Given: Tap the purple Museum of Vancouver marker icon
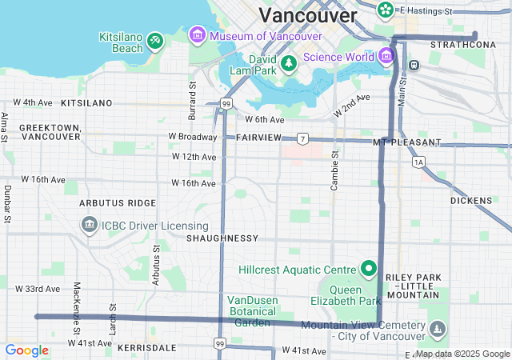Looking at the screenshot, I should pos(197,35).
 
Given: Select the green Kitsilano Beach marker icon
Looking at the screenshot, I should pos(155,38).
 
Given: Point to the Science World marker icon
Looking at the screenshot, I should pos(386,56).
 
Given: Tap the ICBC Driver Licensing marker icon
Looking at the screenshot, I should pos(88,226).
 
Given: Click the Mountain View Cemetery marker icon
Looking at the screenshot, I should pos(437,329).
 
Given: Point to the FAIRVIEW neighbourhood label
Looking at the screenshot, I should pos(258,138).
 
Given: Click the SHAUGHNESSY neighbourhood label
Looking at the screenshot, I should pos(222,238).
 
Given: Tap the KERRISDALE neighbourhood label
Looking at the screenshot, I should pos(146,348).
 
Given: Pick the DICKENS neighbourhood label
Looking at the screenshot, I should pos(471,201).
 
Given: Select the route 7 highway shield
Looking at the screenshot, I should pos(302,138).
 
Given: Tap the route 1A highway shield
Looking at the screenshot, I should pos(418,162).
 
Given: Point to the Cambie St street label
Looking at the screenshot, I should pos(335,168).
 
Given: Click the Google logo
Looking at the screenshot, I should pos(26,350).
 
